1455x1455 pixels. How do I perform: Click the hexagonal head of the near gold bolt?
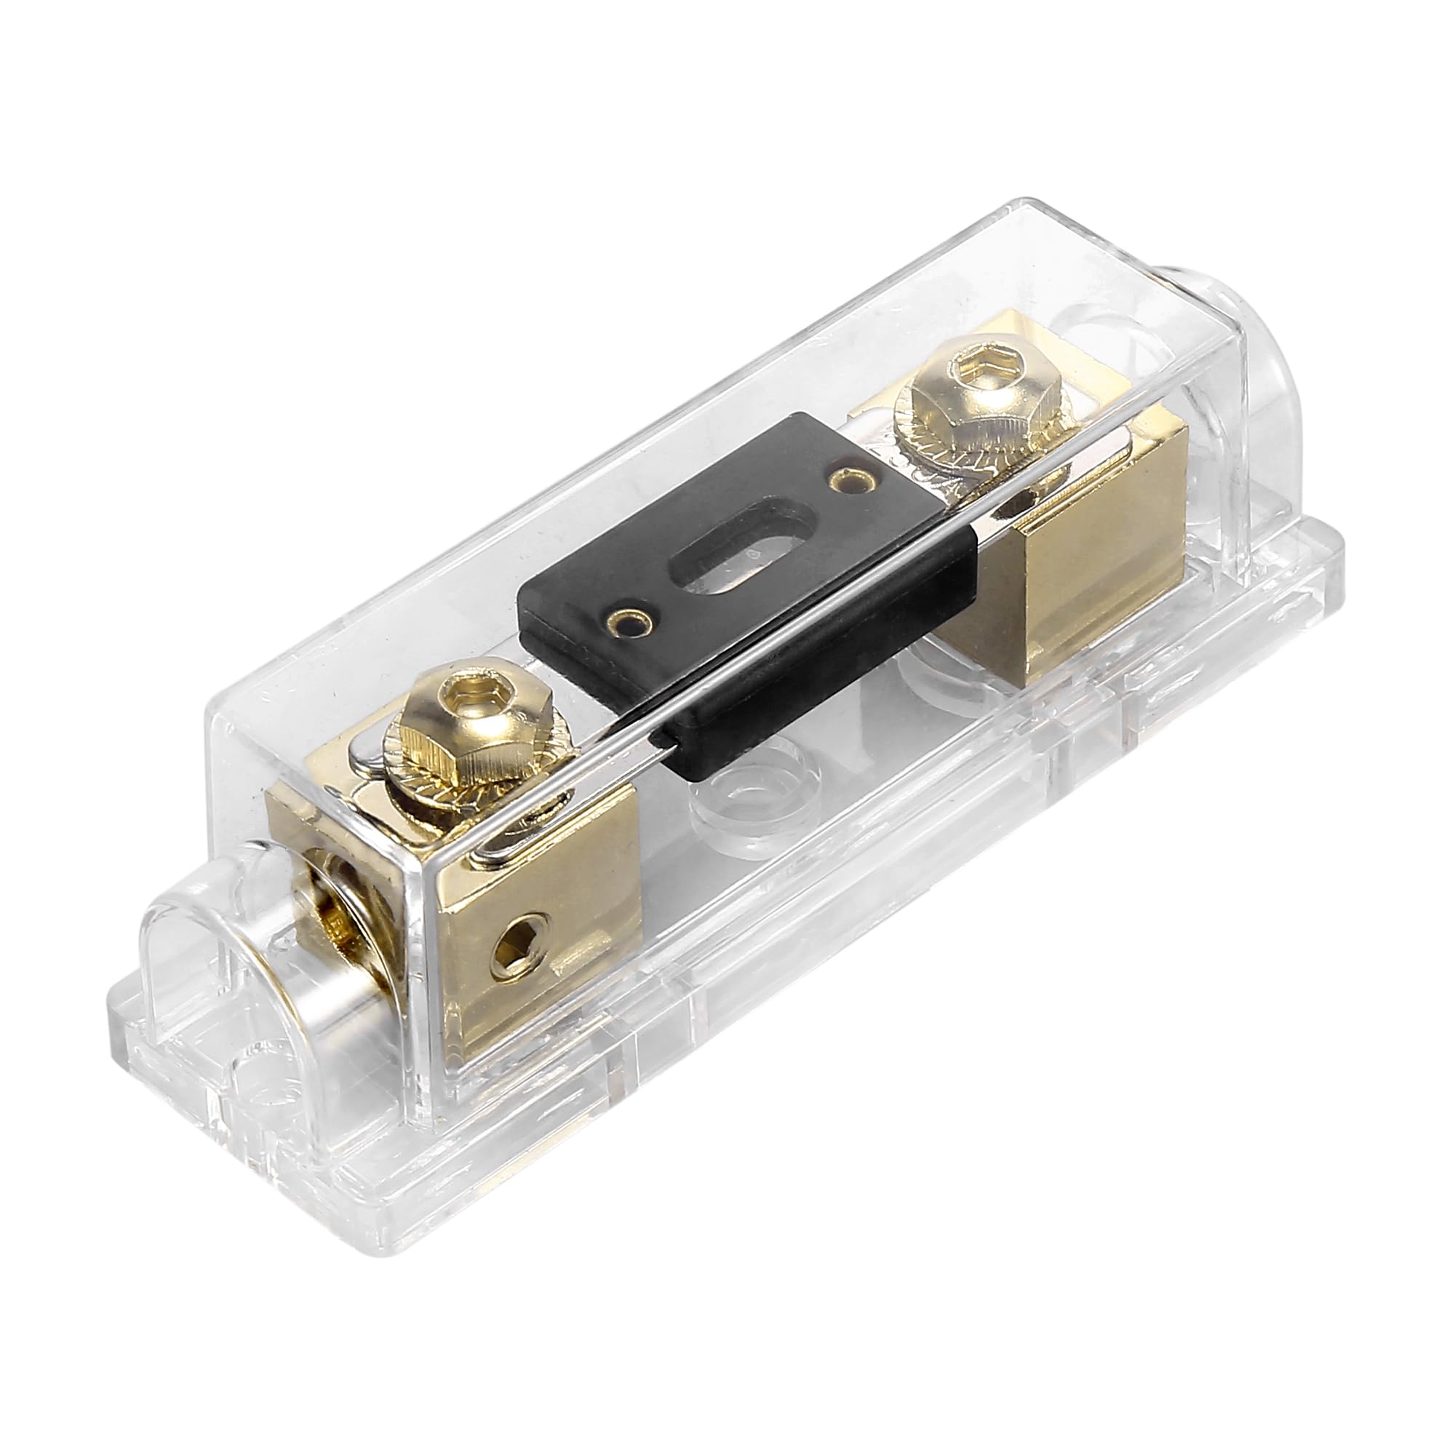(452, 723)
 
